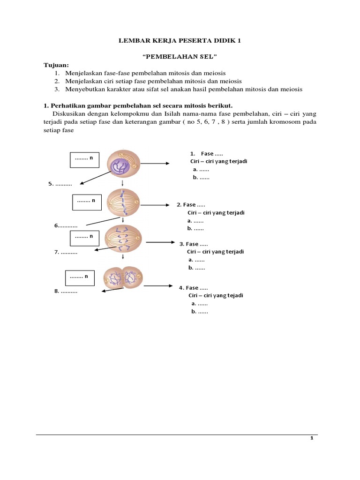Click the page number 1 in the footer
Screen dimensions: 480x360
click(x=311, y=438)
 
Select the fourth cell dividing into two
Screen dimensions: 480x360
click(x=123, y=278)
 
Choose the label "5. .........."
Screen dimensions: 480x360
click(x=64, y=184)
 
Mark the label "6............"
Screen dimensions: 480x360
click(x=66, y=225)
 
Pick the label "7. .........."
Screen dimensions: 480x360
click(x=66, y=252)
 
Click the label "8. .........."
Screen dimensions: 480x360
click(x=66, y=291)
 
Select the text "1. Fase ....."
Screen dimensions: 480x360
click(x=206, y=154)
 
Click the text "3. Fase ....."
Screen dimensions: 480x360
click(x=194, y=244)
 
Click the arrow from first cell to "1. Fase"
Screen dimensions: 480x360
click(x=155, y=164)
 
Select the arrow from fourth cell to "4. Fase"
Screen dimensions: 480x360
click(x=157, y=285)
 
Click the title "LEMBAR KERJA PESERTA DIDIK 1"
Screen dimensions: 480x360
click(x=180, y=41)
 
